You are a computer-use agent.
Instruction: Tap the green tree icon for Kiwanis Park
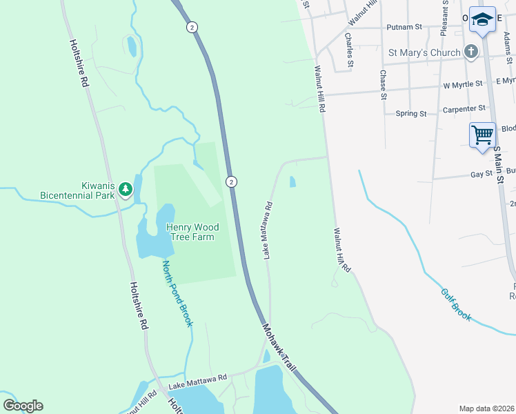[x=125, y=188]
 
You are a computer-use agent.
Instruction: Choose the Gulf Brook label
[x=456, y=304]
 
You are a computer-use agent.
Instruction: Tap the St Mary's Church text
[x=424, y=52]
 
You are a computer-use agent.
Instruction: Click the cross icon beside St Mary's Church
[x=471, y=52]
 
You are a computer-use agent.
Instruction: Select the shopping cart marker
[x=482, y=133]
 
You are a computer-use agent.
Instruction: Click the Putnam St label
[x=405, y=27]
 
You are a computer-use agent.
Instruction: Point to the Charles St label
[x=349, y=50]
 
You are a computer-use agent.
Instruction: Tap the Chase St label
[x=383, y=85]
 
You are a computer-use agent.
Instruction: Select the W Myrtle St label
[x=463, y=84]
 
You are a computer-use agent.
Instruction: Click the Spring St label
[x=411, y=113]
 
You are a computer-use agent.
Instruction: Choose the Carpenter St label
[x=464, y=108]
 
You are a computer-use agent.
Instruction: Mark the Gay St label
[x=481, y=175]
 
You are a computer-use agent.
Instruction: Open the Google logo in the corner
[x=23, y=406]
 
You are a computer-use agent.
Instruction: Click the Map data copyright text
[x=486, y=408]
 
